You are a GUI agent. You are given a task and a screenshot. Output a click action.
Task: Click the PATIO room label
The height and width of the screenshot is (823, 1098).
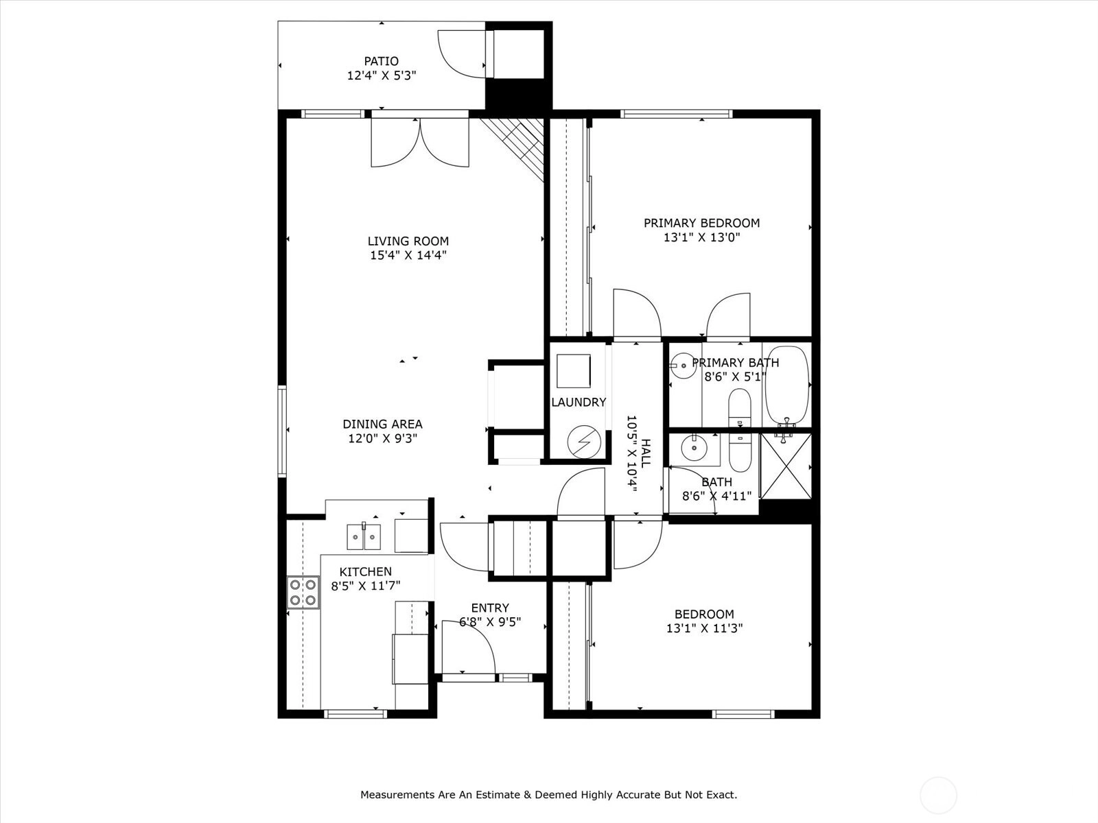[381, 61]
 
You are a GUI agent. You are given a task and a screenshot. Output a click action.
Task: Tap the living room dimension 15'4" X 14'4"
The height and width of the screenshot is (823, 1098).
[408, 255]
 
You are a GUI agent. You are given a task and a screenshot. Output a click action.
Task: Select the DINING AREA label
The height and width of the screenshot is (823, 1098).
[383, 425]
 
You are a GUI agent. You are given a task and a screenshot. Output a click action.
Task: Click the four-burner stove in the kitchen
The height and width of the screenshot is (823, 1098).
[303, 593]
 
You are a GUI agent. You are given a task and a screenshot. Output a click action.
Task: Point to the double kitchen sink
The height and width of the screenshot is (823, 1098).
[364, 537]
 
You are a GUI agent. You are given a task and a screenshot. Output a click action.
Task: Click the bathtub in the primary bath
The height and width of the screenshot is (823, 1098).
[786, 385]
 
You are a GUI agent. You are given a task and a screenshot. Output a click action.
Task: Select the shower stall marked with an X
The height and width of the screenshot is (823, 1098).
[786, 466]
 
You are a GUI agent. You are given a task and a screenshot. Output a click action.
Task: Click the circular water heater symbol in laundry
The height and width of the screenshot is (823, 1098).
[584, 442]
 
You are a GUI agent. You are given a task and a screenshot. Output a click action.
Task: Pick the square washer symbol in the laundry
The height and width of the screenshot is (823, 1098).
[573, 371]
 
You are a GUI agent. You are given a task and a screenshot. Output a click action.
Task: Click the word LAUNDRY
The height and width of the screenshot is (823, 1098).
[579, 403]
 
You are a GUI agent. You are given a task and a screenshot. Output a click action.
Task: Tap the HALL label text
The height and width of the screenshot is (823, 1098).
[646, 453]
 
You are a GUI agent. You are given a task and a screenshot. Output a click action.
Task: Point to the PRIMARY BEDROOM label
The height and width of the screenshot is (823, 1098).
[702, 223]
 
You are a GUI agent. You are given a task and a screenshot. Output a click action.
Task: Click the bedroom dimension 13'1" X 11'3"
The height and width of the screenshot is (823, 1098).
[704, 628]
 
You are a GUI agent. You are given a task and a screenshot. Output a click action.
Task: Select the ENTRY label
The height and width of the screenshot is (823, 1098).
[490, 608]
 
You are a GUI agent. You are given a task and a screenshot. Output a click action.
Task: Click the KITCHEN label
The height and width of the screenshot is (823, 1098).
[366, 572]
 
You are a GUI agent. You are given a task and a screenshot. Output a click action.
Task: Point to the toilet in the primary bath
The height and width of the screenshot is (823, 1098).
[739, 408]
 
